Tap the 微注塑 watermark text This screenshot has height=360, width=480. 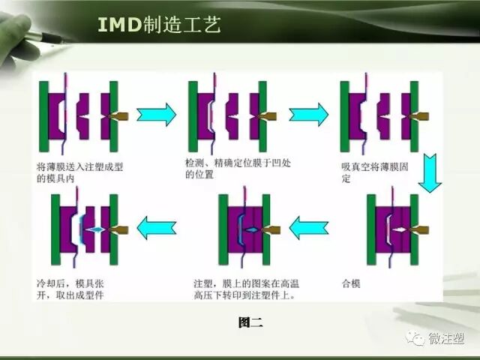pos(448,339)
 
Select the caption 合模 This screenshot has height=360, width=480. pos(350,286)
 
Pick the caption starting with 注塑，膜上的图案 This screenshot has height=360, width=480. pos(243,290)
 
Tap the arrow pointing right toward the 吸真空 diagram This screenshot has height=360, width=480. pos(308,115)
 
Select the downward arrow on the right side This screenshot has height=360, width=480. pos(430,173)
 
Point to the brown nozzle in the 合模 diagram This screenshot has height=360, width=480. pos(421,228)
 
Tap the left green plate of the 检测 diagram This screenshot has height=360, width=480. pos(193,116)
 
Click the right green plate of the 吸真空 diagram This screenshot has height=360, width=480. pos(413,116)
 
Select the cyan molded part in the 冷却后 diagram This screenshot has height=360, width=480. pos(94,229)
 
